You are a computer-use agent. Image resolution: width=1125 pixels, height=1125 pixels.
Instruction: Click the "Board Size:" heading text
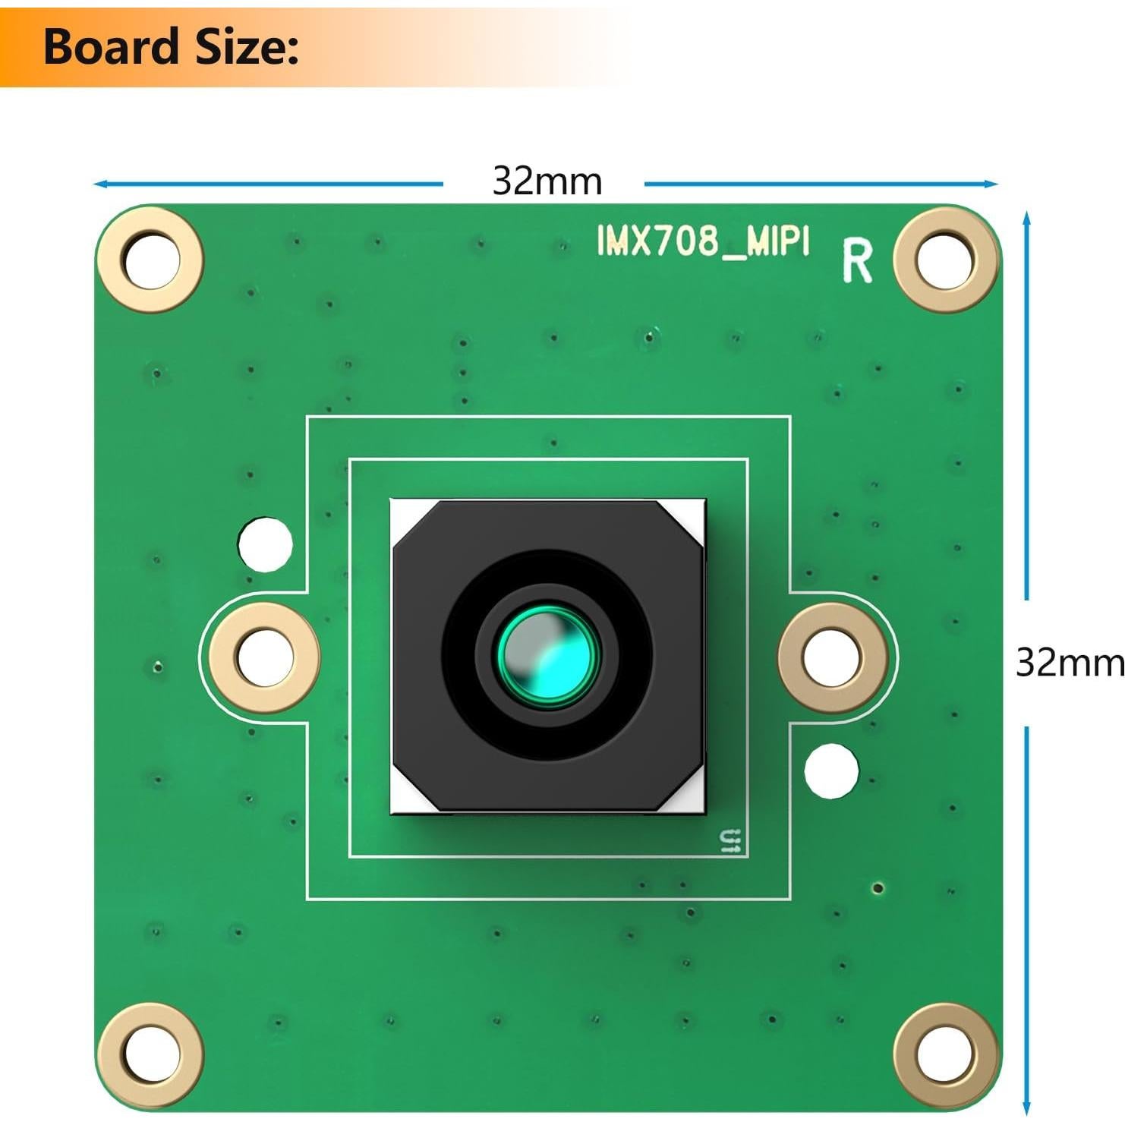pyautogui.click(x=171, y=47)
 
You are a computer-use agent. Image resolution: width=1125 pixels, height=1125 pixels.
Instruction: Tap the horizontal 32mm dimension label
pyautogui.click(x=547, y=182)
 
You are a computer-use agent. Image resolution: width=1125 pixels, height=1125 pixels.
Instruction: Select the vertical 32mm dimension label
pyautogui.click(x=1069, y=663)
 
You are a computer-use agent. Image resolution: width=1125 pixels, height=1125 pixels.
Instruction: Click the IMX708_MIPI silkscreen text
pyautogui.click(x=703, y=241)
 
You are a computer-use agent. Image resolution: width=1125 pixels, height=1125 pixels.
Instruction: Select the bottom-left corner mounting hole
pyautogui.click(x=152, y=1054)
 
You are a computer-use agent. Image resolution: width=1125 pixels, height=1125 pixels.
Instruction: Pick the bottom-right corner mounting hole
pyautogui.click(x=944, y=1054)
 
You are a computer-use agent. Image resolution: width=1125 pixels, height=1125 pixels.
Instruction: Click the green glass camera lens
pyautogui.click(x=547, y=654)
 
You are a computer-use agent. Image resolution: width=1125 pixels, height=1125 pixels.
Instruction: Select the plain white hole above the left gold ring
pyautogui.click(x=265, y=544)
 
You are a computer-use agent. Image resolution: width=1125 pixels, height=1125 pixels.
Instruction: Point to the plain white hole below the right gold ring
pyautogui.click(x=831, y=770)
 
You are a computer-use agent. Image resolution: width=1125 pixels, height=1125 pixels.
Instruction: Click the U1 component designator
pyautogui.click(x=730, y=841)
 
